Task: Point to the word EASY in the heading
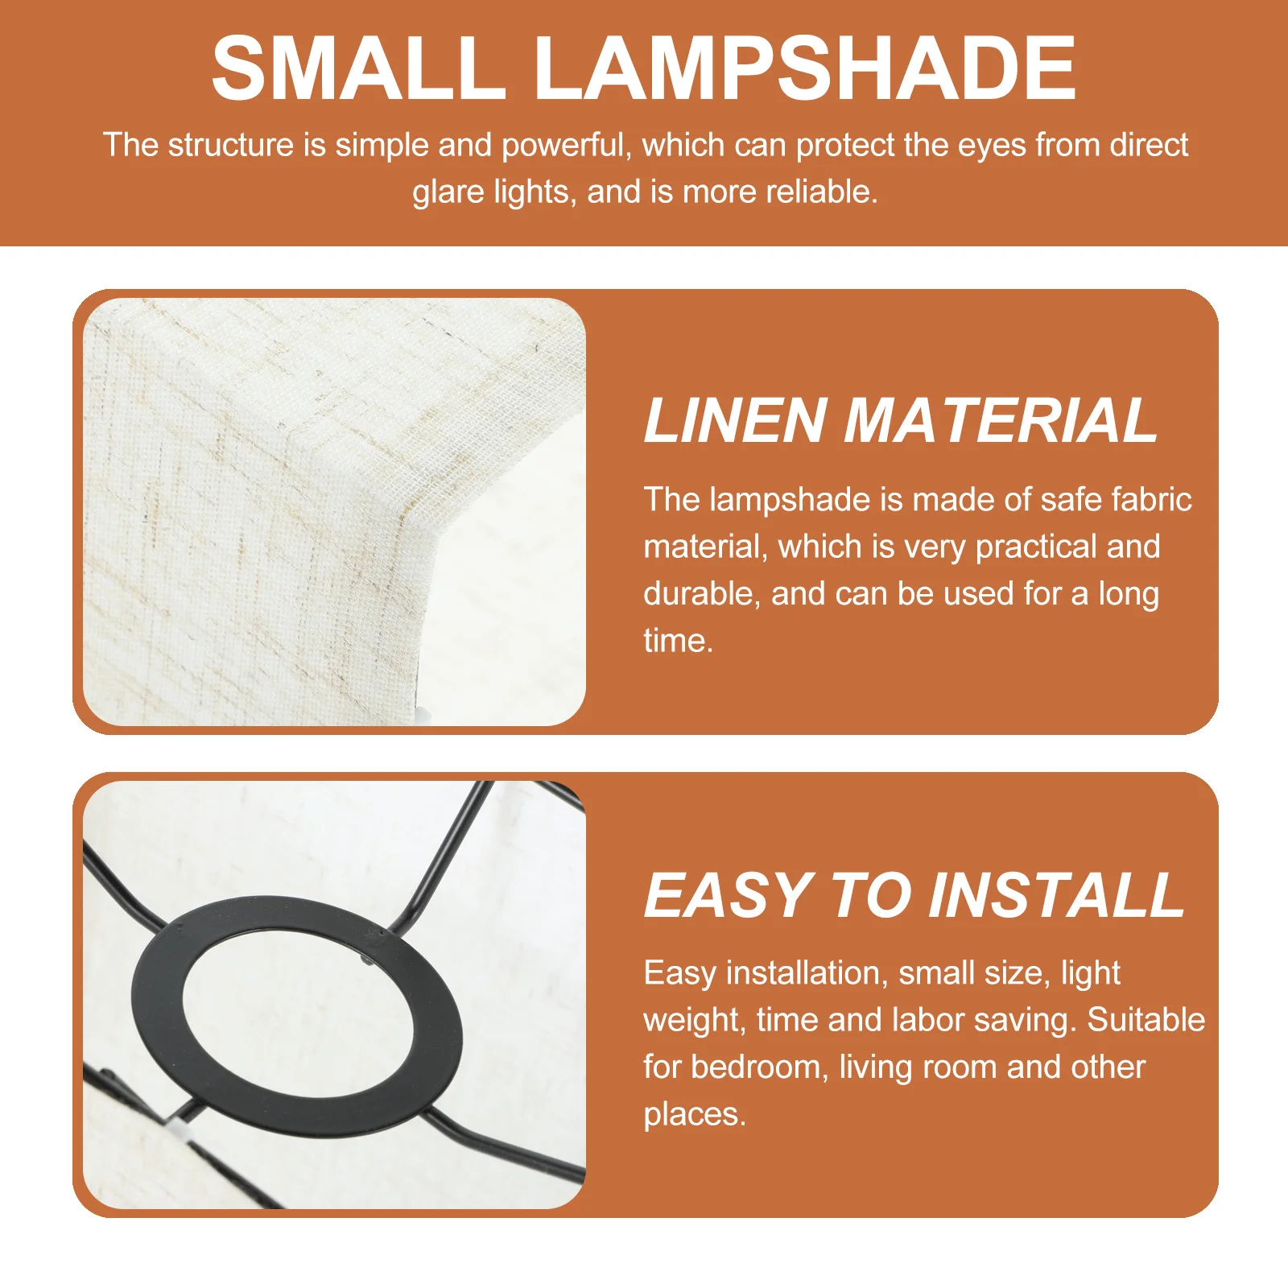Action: (729, 895)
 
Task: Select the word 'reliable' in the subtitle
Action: (820, 192)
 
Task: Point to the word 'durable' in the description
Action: (700, 594)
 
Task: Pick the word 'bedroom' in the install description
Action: (759, 1067)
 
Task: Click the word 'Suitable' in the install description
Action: (1146, 1020)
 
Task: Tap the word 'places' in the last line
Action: (694, 1115)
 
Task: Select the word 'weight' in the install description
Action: (693, 1021)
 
